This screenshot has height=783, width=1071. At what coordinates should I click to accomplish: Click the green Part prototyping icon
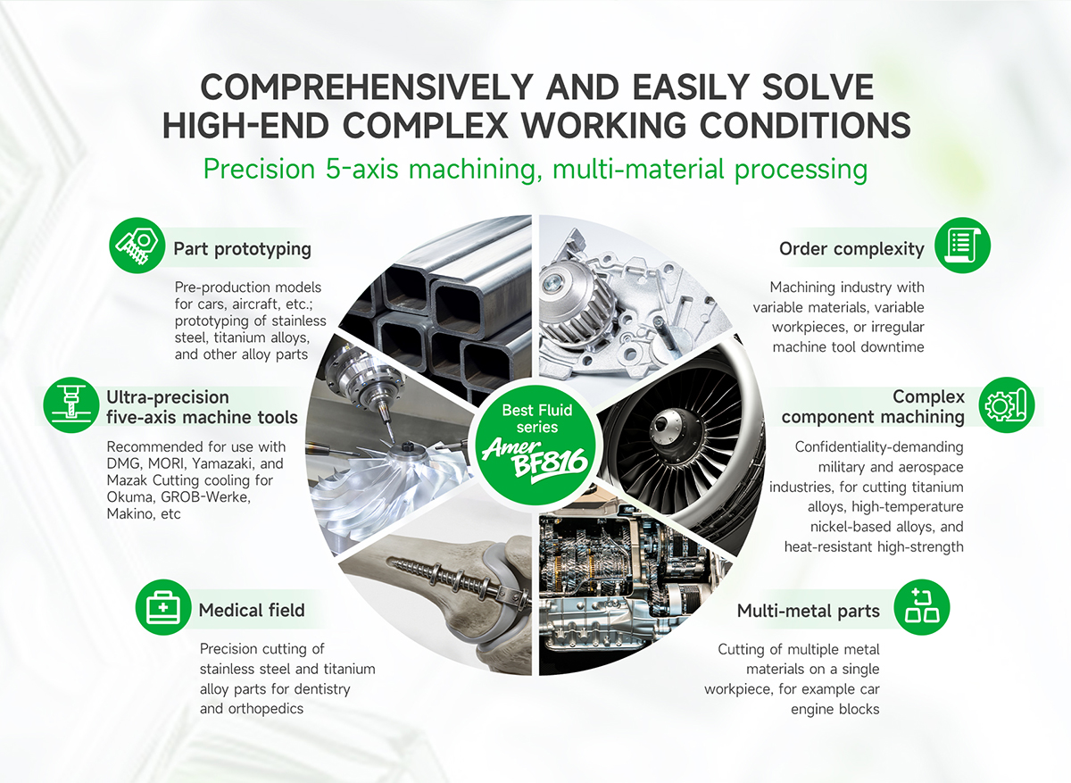(x=137, y=246)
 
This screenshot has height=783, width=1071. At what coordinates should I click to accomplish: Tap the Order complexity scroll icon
(x=962, y=246)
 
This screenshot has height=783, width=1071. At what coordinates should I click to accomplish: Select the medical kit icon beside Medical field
(x=163, y=607)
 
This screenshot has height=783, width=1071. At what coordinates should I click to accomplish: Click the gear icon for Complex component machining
(x=1007, y=404)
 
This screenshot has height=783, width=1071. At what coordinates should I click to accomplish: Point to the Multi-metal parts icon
(x=921, y=607)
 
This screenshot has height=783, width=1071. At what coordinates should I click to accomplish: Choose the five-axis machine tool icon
(x=71, y=404)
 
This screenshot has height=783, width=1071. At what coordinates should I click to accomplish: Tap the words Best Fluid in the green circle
(x=537, y=410)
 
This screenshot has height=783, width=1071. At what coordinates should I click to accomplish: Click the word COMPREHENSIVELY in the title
(x=367, y=87)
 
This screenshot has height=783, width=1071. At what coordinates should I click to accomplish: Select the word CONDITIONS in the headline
(x=805, y=125)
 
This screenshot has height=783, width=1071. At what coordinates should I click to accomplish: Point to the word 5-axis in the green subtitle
(x=362, y=169)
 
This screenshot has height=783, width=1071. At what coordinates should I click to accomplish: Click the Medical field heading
(x=252, y=611)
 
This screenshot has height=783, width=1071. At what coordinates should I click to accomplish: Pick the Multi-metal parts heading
(x=808, y=611)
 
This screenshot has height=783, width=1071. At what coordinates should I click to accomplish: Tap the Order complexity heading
(x=851, y=249)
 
